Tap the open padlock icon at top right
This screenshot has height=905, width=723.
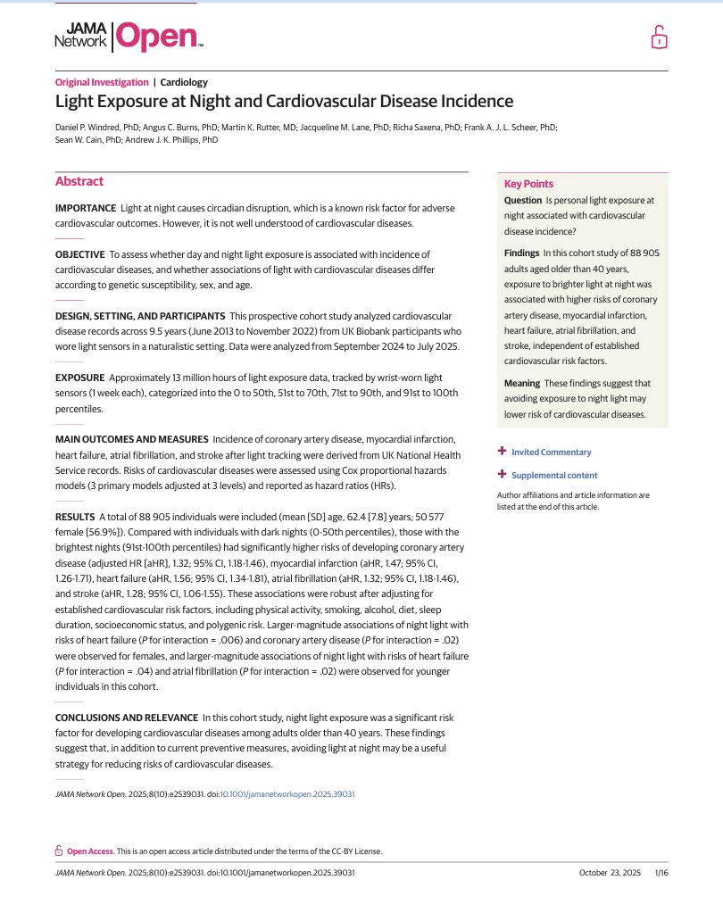pyautogui.click(x=658, y=37)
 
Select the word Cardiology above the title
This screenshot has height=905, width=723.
pyautogui.click(x=184, y=82)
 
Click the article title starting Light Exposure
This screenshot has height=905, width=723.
pyautogui.click(x=284, y=102)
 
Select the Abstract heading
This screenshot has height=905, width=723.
pyautogui.click(x=79, y=181)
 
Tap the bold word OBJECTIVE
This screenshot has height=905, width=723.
pyautogui.click(x=80, y=254)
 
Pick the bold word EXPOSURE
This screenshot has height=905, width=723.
pyautogui.click(x=79, y=379)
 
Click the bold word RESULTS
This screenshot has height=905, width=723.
pyautogui.click(x=75, y=517)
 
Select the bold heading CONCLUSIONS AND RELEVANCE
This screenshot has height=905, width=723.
pyautogui.click(x=125, y=717)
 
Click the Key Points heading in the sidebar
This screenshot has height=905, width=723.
pyautogui.click(x=528, y=184)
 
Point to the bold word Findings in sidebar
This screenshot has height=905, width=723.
pyautogui.click(x=521, y=253)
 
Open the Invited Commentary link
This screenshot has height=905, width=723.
pyautogui.click(x=551, y=452)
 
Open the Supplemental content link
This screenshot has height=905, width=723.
pyautogui.click(x=554, y=476)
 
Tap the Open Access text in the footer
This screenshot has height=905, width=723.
pyautogui.click(x=90, y=851)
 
